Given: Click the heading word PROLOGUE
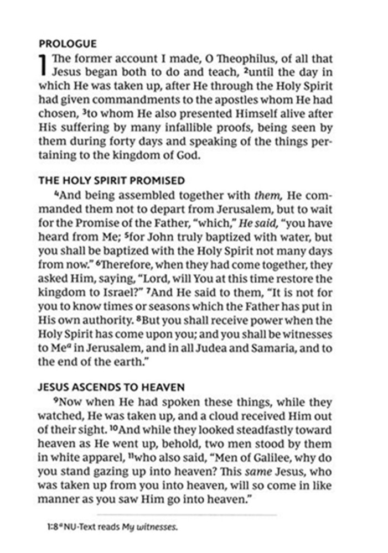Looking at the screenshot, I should (x=68, y=44).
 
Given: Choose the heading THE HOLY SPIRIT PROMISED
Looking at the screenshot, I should (x=111, y=181).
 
